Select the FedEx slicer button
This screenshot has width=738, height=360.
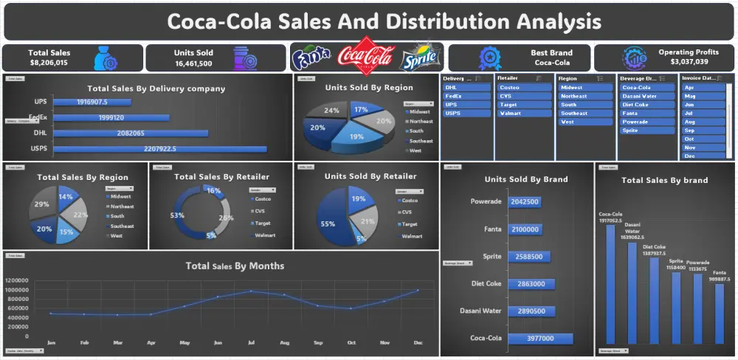click(x=466, y=96)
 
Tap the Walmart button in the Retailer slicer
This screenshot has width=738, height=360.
click(x=524, y=113)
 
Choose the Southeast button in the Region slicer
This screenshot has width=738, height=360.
click(x=584, y=113)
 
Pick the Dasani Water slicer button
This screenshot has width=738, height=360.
click(x=646, y=96)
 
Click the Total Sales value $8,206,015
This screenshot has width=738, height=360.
click(x=49, y=63)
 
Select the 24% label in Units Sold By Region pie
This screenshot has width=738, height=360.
click(x=332, y=111)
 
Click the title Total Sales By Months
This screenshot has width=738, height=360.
click(x=235, y=266)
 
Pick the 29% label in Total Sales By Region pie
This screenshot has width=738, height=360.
click(x=42, y=204)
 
